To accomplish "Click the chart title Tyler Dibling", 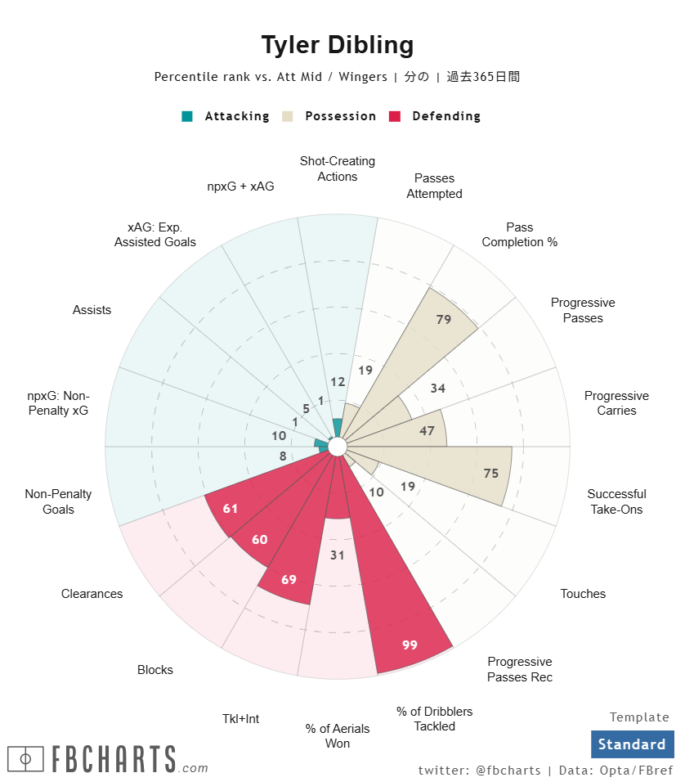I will (x=338, y=45).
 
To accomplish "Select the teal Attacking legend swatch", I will (x=187, y=116).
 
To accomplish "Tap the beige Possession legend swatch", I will (x=288, y=116).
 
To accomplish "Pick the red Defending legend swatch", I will (x=395, y=116).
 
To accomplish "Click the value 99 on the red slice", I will (x=410, y=645).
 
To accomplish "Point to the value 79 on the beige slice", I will (x=444, y=319).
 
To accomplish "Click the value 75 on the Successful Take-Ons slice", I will (x=490, y=473).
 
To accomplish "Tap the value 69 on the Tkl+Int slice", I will (x=289, y=579).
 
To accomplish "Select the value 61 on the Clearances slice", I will (x=231, y=509).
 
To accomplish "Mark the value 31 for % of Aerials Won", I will (x=338, y=555).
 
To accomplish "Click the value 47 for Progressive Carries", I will (x=427, y=430).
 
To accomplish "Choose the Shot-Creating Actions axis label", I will (x=338, y=169).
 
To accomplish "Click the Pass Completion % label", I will (x=519, y=235).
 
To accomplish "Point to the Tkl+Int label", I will (x=240, y=718).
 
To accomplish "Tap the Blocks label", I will (x=155, y=670).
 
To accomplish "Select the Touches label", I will (x=583, y=594).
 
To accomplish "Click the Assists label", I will (x=92, y=310).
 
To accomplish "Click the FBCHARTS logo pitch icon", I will (x=25, y=759).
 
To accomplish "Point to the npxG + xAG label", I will (x=240, y=187).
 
